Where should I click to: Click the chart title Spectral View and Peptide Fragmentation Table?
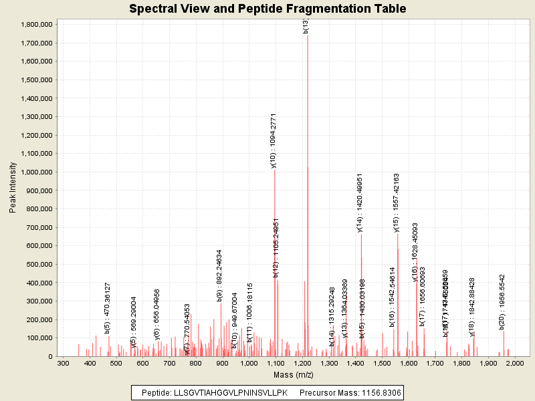pos(267,9)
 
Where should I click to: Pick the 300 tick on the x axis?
pos(63,364)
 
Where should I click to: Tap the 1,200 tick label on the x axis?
pos(302,364)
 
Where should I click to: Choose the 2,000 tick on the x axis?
pos(515,364)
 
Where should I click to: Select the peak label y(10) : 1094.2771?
pos(274,140)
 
